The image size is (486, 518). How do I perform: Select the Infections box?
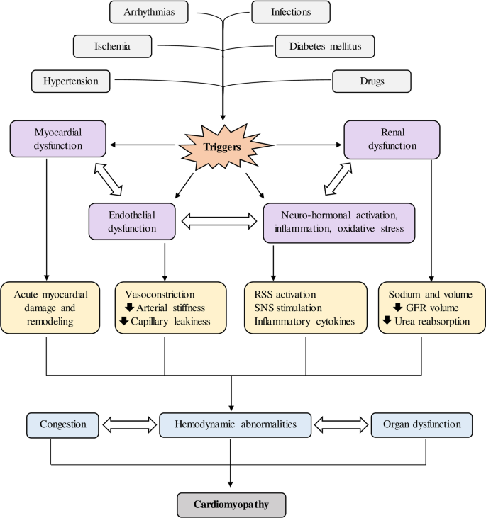point(291,12)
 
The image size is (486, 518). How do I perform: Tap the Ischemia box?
point(112,47)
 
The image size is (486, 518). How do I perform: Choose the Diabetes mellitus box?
point(324,47)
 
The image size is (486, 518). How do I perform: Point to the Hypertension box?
point(70,81)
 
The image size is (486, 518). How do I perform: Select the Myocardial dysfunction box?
point(57,138)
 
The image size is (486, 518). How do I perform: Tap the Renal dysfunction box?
point(391,138)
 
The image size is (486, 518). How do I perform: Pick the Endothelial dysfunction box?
point(133,220)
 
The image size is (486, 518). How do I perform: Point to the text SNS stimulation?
point(283,308)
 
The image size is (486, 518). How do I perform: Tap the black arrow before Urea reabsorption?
point(387,321)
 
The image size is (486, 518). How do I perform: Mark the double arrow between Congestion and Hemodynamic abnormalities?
point(128,424)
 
